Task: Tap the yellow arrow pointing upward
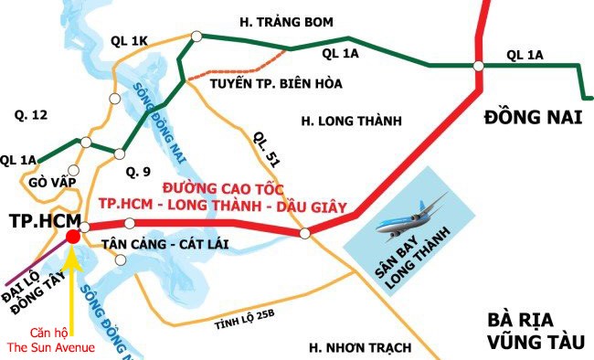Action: tap(72, 283)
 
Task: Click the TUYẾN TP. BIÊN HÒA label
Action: tap(262, 85)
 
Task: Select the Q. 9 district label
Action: tap(138, 170)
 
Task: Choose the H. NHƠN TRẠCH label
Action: tap(360, 347)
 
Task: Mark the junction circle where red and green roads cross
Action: tap(478, 66)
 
